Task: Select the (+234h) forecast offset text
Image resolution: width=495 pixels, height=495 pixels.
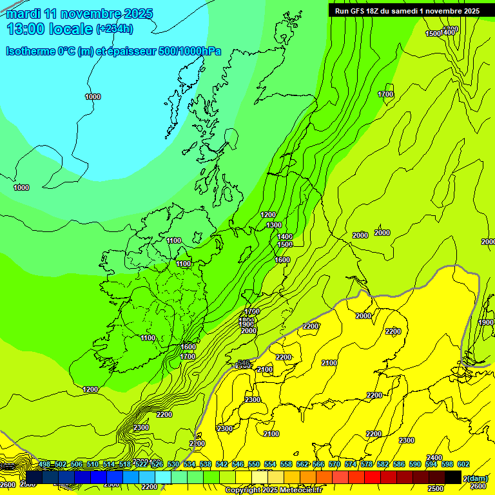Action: pyautogui.click(x=114, y=29)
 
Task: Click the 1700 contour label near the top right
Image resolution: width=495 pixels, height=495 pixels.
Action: pyautogui.click(x=385, y=94)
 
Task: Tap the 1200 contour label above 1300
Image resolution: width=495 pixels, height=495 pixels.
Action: pyautogui.click(x=268, y=215)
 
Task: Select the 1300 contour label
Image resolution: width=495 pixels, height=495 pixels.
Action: pyautogui.click(x=274, y=225)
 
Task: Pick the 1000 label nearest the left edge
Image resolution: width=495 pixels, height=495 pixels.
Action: pyautogui.click(x=21, y=188)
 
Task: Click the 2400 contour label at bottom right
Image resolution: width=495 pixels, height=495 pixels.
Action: pyautogui.click(x=434, y=458)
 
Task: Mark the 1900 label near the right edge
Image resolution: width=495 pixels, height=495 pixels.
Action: pyautogui.click(x=486, y=322)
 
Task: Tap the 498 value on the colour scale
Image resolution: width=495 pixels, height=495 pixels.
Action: pyautogui.click(x=44, y=464)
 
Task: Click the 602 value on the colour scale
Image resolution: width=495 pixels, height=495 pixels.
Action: pyautogui.click(x=463, y=464)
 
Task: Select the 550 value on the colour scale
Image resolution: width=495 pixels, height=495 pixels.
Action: pyautogui.click(x=254, y=464)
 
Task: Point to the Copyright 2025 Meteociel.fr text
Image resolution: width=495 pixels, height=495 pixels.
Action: pyautogui.click(x=273, y=490)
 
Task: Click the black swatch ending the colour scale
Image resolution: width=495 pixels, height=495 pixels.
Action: pyautogui.click(x=453, y=477)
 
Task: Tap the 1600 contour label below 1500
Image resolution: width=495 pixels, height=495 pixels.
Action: pyautogui.click(x=282, y=260)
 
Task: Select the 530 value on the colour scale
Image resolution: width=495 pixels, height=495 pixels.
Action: pyautogui.click(x=173, y=464)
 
